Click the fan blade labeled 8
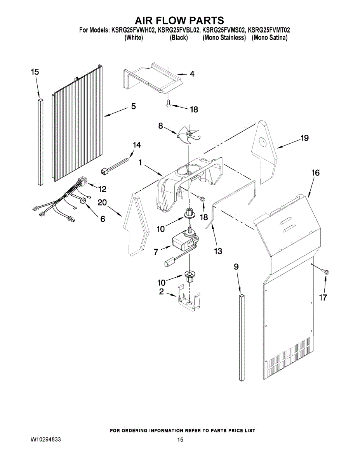pyautogui.click(x=188, y=135)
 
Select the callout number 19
pyautogui.click(x=304, y=138)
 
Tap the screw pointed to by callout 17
pyautogui.click(x=326, y=272)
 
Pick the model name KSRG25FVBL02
pyautogui.click(x=178, y=30)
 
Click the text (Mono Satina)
pyautogui.click(x=270, y=38)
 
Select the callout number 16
pyautogui.click(x=315, y=173)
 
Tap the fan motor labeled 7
pyautogui.click(x=184, y=242)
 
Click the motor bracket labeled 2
pyautogui.click(x=188, y=299)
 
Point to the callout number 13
pyautogui.click(x=218, y=251)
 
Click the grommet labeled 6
pyautogui.click(x=83, y=201)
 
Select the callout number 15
pyautogui.click(x=35, y=72)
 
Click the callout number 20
pyautogui.click(x=102, y=202)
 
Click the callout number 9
pyautogui.click(x=236, y=267)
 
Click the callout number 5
pyautogui.click(x=133, y=106)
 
